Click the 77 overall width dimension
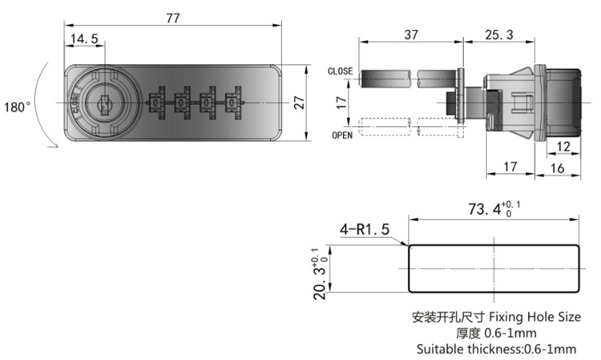tap(173, 18)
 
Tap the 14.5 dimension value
tap(84, 38)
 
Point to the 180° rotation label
tap(18, 107)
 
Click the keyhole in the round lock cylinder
tap(104, 104)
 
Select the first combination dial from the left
tap(156, 103)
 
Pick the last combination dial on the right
tap(233, 103)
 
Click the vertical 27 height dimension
tap(300, 103)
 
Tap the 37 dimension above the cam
tap(411, 35)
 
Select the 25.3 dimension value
tap(499, 35)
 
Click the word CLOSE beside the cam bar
tap(340, 71)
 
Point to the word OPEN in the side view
tap(342, 136)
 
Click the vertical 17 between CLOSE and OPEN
tap(341, 103)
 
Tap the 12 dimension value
tap(563, 146)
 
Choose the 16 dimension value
tap(557, 168)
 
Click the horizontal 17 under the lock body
tap(510, 167)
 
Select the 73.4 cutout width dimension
tap(494, 209)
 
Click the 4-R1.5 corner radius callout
tap(365, 229)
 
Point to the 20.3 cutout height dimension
tap(320, 273)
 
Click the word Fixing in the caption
tap(506, 317)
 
